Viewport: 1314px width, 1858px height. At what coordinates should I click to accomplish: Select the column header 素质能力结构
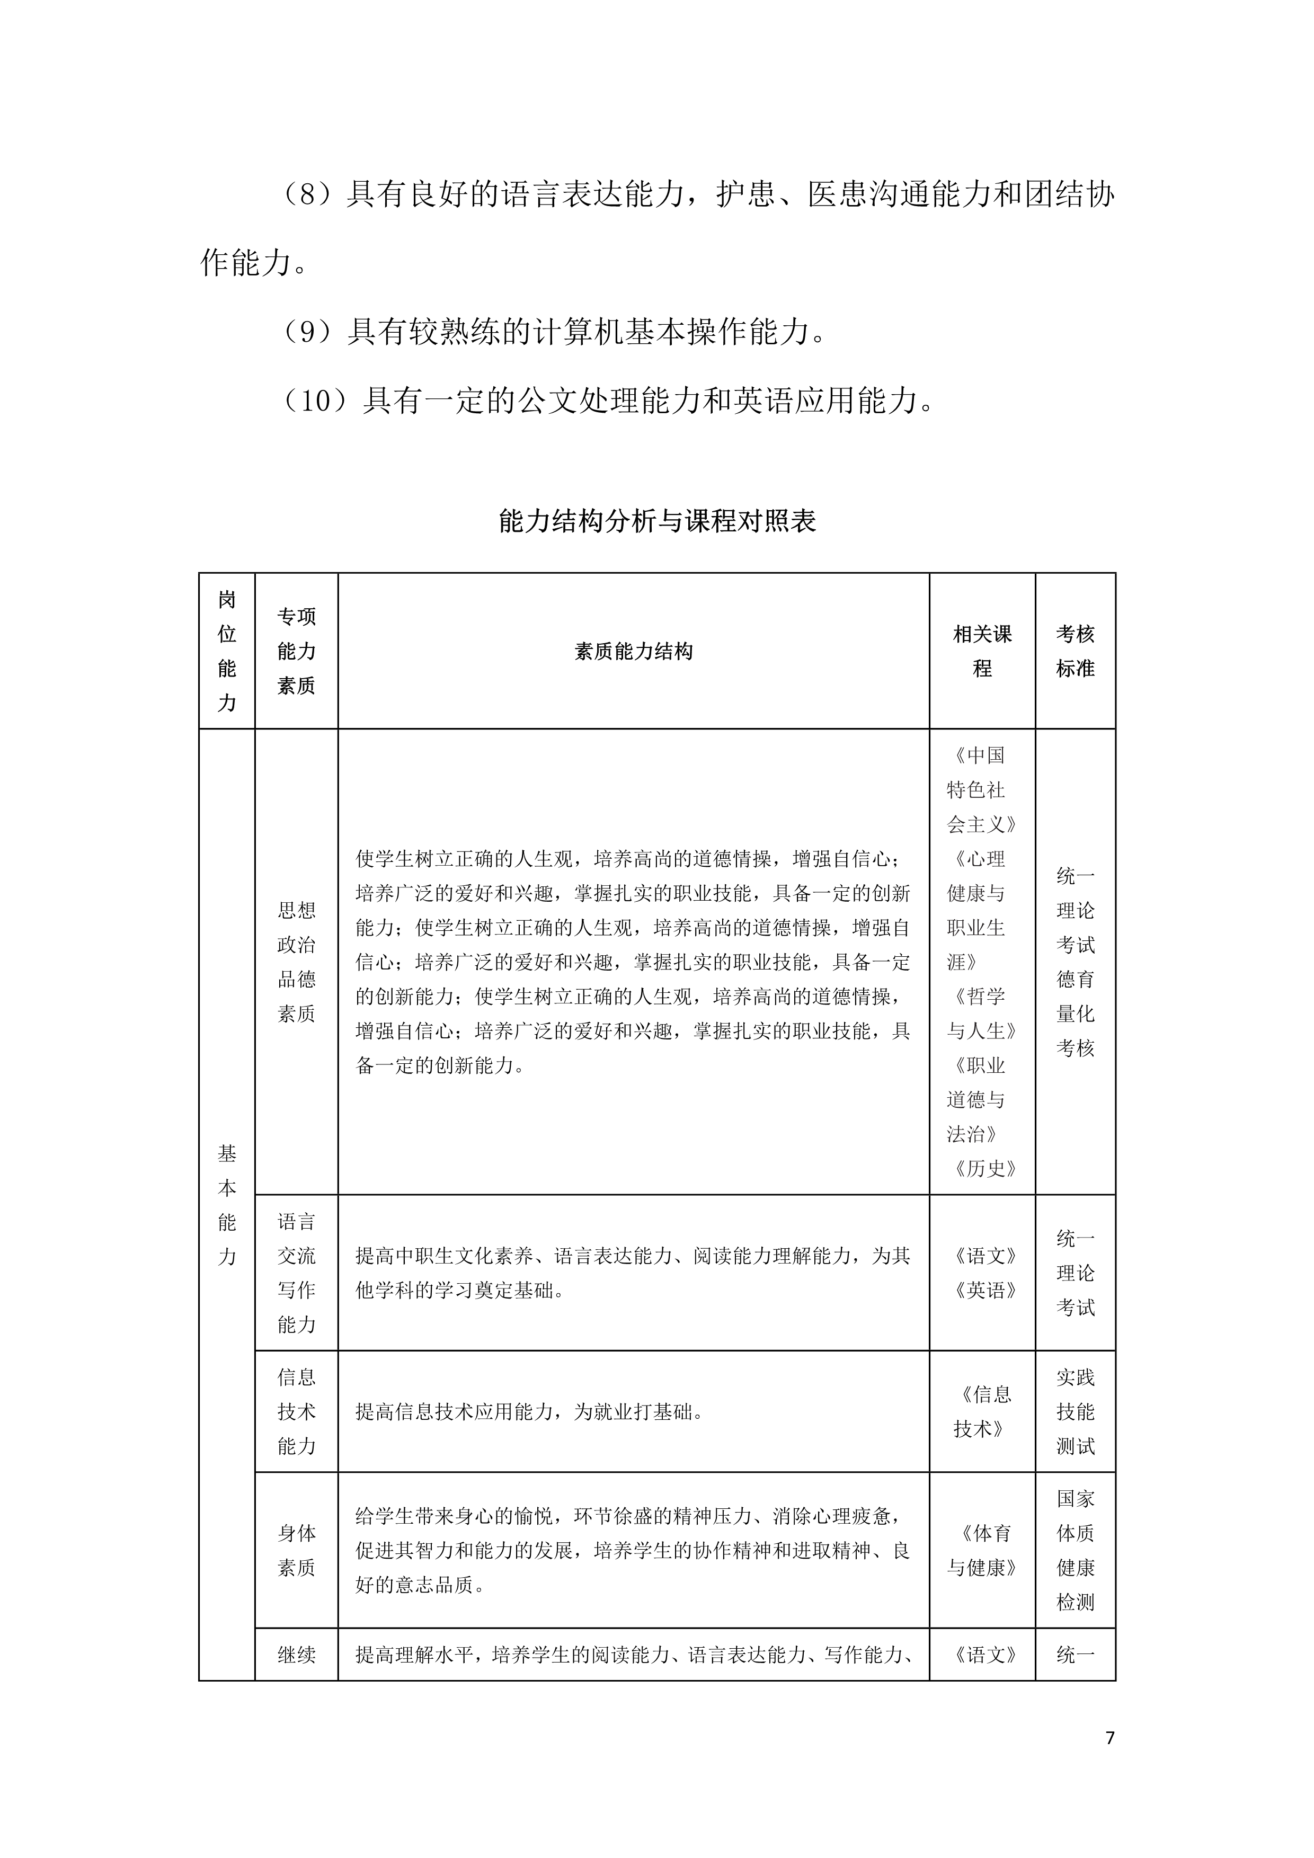[x=634, y=652]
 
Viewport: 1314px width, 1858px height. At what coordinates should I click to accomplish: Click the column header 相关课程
[x=982, y=652]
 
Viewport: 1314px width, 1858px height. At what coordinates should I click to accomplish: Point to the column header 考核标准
[x=1076, y=652]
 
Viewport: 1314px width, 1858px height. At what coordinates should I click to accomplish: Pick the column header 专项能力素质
[x=296, y=652]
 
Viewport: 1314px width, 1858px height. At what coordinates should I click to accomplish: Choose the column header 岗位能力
[x=227, y=652]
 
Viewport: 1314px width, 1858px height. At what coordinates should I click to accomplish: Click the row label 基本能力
[x=227, y=1206]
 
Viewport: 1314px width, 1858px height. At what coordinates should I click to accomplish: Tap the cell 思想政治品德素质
[x=296, y=962]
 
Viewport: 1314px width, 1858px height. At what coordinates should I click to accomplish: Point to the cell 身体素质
[x=296, y=1551]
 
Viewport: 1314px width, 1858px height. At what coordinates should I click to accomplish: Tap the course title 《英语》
[x=984, y=1291]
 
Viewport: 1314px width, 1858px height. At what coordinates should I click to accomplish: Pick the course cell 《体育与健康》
[x=982, y=1551]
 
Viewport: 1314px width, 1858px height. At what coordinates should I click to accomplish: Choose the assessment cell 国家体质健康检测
[x=1076, y=1551]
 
